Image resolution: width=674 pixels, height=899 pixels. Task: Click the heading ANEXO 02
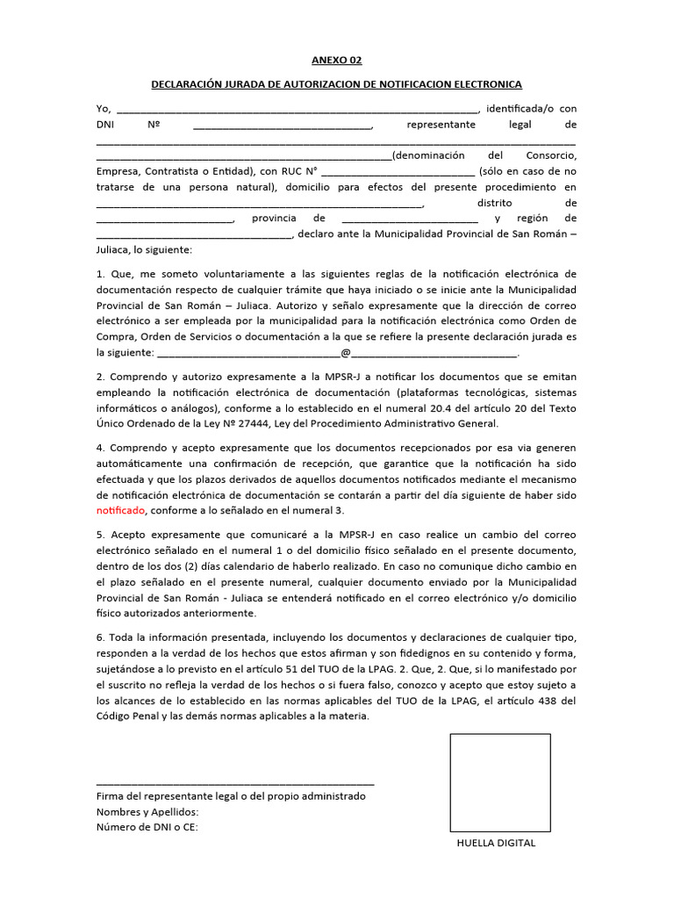pyautogui.click(x=336, y=61)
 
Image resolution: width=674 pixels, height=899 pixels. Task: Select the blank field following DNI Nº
pyautogui.click(x=282, y=126)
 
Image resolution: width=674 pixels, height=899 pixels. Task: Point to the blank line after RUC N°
pyautogui.click(x=401, y=172)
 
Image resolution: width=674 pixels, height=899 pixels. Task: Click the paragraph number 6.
pyautogui.click(x=100, y=636)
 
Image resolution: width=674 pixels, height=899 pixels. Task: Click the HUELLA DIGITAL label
pyautogui.click(x=496, y=843)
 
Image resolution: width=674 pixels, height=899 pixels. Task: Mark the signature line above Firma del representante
pyautogui.click(x=235, y=781)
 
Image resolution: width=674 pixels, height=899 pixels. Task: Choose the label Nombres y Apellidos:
pyautogui.click(x=147, y=811)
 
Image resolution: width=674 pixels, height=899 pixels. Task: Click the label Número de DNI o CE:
pyautogui.click(x=147, y=827)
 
